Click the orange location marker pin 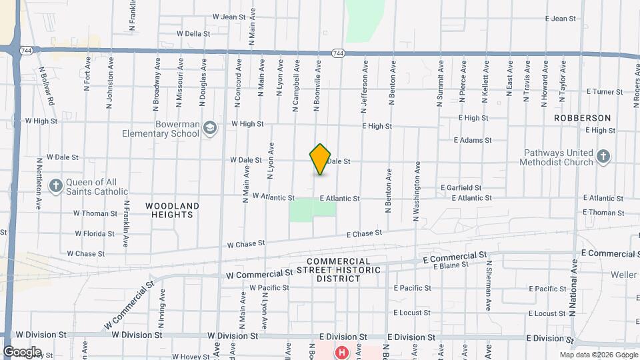point(320,159)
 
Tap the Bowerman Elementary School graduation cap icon point(210,128)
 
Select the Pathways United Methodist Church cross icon point(603,157)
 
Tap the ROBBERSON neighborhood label point(582,118)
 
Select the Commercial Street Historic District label point(343,270)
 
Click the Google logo point(22,352)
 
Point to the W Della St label point(193,33)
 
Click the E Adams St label point(472,141)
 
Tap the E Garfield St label point(461,188)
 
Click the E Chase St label point(364,234)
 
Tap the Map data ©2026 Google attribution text point(598,355)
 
